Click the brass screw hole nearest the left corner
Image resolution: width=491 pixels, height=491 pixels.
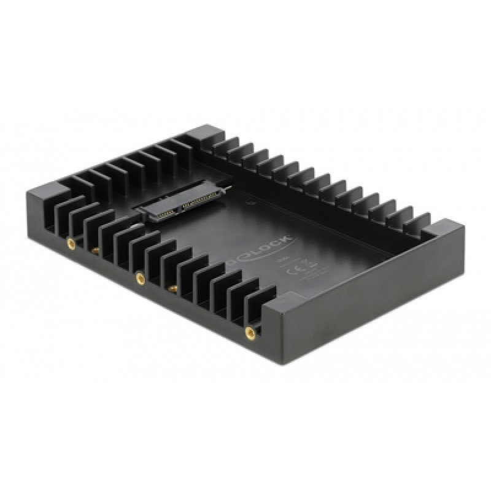[71, 243]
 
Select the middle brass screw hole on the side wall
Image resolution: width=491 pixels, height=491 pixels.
[140, 278]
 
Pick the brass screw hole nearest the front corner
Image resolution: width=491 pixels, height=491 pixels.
[250, 333]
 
